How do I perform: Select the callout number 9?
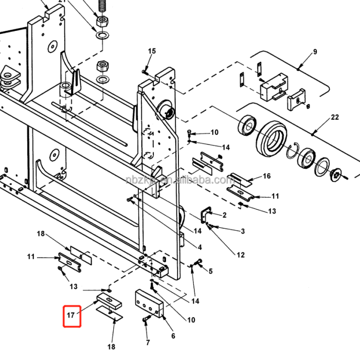point(315,51)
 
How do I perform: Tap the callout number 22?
point(335,117)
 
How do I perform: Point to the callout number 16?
point(266,176)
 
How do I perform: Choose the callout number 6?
point(173,336)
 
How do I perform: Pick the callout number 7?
point(148,342)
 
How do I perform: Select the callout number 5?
point(210,271)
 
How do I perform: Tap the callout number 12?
point(241,255)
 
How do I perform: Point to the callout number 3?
point(242,231)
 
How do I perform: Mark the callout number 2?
point(224,214)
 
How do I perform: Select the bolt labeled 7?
point(145,320)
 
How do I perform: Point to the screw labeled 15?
point(146,71)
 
